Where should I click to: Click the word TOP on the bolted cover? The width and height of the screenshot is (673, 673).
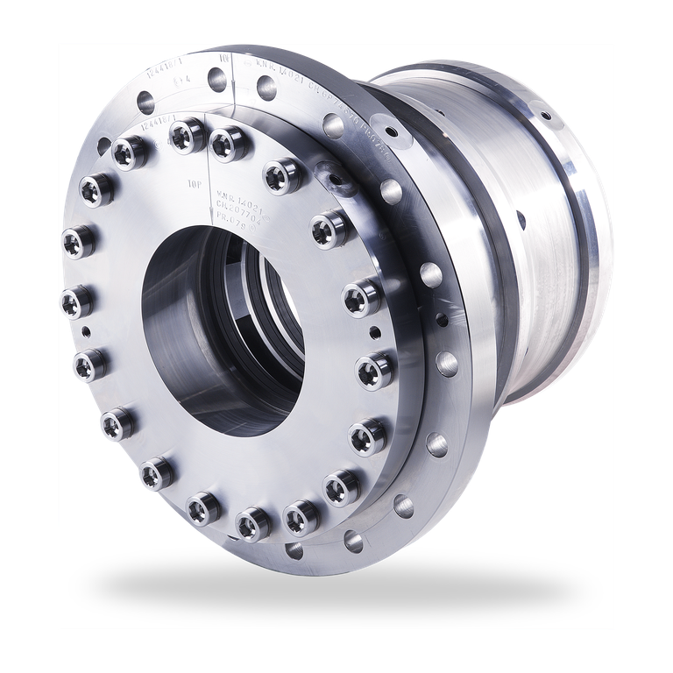click(x=196, y=185)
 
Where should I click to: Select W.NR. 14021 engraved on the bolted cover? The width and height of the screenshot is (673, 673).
click(x=234, y=195)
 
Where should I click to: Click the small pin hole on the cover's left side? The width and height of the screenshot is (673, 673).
click(x=87, y=330)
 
